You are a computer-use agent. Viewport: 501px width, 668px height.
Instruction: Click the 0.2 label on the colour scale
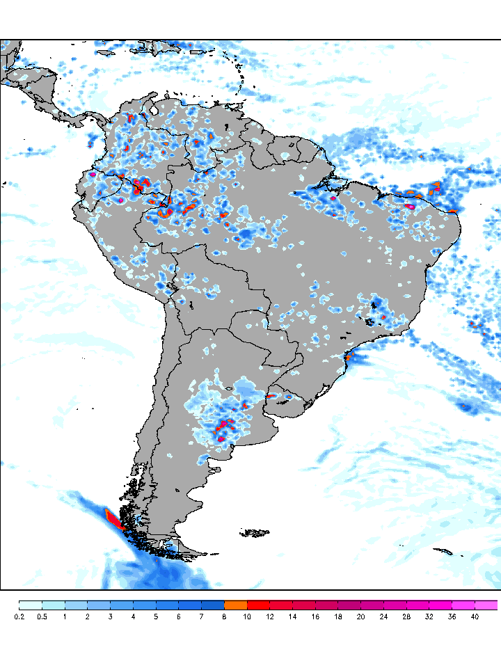(x=19, y=617)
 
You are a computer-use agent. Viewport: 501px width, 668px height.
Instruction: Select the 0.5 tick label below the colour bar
(x=42, y=617)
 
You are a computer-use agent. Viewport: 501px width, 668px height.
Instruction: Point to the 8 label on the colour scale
(x=224, y=617)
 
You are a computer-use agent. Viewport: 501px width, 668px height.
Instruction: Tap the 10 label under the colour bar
(x=247, y=617)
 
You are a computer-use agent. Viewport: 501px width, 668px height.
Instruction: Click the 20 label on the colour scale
(x=361, y=617)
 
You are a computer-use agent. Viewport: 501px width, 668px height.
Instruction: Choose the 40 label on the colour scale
(x=475, y=617)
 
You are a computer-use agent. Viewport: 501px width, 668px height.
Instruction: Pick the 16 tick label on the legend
(x=315, y=617)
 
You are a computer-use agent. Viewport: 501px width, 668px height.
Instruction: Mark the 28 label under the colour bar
(x=406, y=617)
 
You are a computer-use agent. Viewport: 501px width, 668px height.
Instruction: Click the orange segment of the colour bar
(x=236, y=605)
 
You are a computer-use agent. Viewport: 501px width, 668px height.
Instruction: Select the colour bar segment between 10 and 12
(x=259, y=605)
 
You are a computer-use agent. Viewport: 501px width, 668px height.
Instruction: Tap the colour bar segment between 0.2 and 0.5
(x=31, y=605)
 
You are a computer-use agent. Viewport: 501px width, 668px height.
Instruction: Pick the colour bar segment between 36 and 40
(x=463, y=605)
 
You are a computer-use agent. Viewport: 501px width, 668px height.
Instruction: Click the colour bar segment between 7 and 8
(x=213, y=605)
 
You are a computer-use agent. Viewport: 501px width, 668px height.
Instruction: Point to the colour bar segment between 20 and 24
(x=372, y=605)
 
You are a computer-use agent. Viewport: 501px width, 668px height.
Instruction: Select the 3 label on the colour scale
(x=110, y=617)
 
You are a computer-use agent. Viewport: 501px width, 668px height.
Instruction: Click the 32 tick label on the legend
(x=429, y=617)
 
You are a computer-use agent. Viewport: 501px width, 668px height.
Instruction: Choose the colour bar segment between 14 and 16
(x=304, y=605)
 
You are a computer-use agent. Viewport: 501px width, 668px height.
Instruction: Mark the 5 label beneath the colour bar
(x=156, y=617)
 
